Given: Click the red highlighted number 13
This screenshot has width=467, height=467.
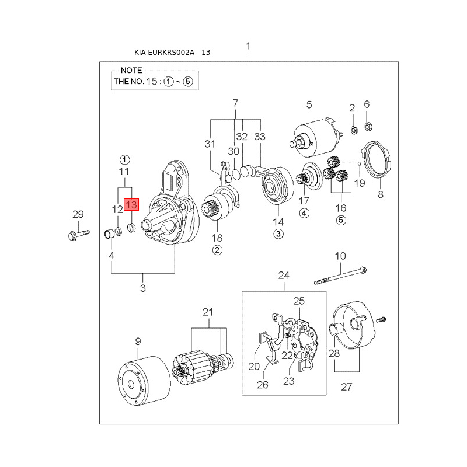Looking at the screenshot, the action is pos(131,205).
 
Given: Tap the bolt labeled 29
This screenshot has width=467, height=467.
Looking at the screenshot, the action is pos(79,235).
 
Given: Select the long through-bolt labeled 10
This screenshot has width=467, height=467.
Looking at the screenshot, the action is pos(340,276).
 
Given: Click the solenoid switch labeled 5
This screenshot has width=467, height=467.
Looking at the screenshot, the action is pos(316,137).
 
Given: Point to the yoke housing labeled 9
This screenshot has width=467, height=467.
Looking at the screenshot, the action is pos(144,381).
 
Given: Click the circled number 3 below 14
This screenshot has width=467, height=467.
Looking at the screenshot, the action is pos(278,234).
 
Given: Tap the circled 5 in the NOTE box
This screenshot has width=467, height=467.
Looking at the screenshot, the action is pos(187,81).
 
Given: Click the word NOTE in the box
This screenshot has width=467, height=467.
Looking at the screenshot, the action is pos(131,71).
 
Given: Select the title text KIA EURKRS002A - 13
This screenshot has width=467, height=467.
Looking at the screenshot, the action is pos(172,53).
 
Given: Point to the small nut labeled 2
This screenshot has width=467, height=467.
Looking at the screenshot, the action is pos(354,130).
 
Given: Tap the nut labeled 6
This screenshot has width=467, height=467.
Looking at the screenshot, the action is pos(369,127).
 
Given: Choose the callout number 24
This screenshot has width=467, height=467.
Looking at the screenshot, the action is pos(284,275).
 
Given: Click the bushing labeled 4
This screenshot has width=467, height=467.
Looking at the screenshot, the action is pos(109,234).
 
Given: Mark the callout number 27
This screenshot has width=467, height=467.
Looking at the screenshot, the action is pos(346,387).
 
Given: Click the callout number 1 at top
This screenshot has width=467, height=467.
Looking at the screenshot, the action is pos(248,47).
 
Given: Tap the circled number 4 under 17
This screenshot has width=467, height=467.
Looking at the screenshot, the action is pos(304,213).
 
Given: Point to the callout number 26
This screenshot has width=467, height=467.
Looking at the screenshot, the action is pos(262,385).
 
